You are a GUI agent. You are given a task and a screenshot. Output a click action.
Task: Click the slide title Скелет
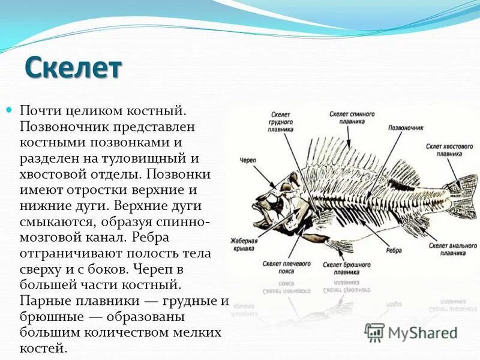pos(73,67)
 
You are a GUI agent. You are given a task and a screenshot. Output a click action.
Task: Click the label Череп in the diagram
pos(248,160)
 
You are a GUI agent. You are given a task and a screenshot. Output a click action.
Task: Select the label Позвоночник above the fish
pos(406,128)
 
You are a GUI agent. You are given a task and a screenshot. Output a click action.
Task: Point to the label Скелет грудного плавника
pos(281,121)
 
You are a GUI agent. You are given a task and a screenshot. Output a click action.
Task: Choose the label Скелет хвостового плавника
pos(442,149)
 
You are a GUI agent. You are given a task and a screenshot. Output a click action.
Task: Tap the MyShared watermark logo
pos(411,332)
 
